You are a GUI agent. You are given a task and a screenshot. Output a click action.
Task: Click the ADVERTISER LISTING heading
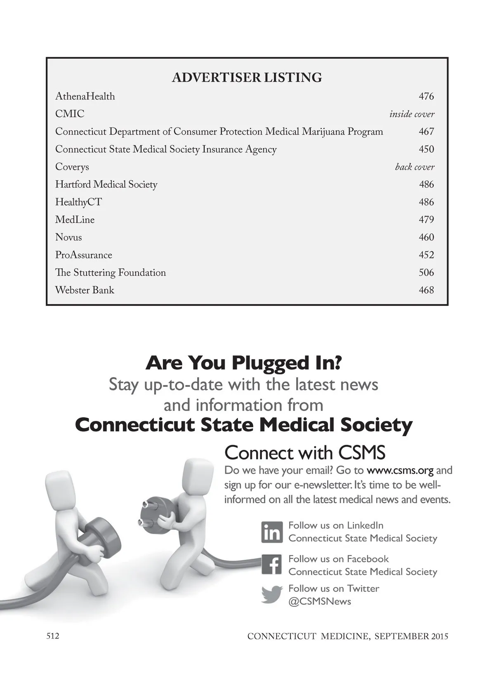coord(247,78)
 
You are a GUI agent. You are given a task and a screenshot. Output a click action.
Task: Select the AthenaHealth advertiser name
coord(85,97)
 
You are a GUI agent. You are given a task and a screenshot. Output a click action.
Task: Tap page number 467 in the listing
coord(426,132)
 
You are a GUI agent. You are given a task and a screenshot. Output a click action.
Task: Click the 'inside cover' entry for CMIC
coord(412,114)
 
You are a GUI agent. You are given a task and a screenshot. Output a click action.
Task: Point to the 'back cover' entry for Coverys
coord(415,167)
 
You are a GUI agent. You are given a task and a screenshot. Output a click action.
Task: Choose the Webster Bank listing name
coord(85,290)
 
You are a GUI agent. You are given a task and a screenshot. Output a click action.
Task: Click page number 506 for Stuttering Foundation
coord(426,272)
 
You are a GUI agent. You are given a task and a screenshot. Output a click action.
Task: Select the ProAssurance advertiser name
coord(84,255)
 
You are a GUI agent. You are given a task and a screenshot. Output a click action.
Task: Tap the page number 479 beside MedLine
coord(426,220)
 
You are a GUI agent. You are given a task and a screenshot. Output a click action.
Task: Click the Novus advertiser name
coord(68,237)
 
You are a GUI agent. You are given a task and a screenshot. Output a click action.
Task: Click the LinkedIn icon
coord(272,532)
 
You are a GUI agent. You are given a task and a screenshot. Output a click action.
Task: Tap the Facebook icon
coord(272,565)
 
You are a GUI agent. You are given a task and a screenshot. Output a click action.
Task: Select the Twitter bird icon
coord(272,595)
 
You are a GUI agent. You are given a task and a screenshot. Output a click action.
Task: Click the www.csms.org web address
coord(400,471)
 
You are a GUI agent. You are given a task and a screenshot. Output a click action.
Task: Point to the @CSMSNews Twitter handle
coord(320,602)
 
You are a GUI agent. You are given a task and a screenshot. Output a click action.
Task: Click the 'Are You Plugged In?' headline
coord(243,363)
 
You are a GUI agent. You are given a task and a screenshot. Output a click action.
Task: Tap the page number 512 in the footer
coord(52,636)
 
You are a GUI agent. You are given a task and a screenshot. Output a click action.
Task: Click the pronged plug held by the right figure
coord(155,513)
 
